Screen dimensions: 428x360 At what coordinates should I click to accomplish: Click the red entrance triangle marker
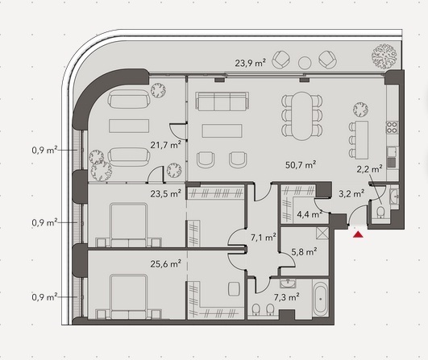(x=358, y=234)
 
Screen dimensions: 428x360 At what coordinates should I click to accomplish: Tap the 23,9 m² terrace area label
(x=251, y=64)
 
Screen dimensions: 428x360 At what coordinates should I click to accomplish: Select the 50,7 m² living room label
(x=301, y=165)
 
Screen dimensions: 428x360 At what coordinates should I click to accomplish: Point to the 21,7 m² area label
(x=166, y=144)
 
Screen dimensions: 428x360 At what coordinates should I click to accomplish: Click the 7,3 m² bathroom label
(x=287, y=296)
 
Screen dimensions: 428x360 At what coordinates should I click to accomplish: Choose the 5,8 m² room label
(x=304, y=252)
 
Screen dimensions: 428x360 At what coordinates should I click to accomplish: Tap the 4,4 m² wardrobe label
(x=310, y=214)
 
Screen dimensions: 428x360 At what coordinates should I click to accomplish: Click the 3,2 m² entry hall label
(x=351, y=194)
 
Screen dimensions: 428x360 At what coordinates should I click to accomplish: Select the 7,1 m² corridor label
(x=264, y=238)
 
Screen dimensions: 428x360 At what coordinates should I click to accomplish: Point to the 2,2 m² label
(x=369, y=169)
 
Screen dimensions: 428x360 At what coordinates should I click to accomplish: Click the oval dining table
(x=302, y=116)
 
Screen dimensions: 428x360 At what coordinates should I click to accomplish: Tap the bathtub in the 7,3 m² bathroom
(x=321, y=299)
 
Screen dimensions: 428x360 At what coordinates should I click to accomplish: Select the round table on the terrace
(x=305, y=63)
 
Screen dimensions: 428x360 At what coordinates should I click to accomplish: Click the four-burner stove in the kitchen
(x=392, y=127)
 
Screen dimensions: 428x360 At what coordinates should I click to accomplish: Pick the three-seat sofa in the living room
(x=222, y=101)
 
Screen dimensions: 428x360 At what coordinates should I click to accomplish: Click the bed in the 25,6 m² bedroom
(x=129, y=296)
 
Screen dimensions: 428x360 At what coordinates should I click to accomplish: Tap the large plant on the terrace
(x=384, y=56)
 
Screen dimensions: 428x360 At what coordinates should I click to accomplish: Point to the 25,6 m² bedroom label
(x=166, y=263)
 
